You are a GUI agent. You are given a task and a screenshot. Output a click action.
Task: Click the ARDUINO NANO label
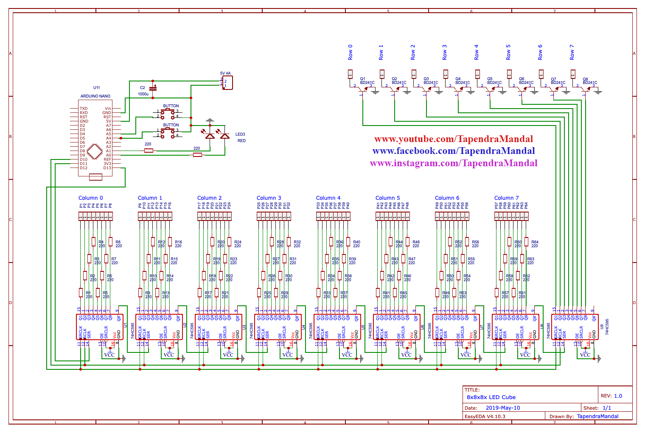point(95,96)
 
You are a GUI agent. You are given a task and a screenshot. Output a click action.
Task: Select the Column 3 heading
point(269,198)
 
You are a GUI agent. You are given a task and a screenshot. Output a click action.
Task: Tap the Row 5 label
point(508,52)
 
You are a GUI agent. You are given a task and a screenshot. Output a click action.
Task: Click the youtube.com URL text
point(453,139)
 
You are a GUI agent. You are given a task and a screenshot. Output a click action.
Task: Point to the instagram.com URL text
point(453,163)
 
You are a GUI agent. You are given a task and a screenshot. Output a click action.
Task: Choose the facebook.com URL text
point(453,151)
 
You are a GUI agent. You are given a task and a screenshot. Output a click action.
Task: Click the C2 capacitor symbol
point(153,88)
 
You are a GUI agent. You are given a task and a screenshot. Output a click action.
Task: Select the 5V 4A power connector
point(227,83)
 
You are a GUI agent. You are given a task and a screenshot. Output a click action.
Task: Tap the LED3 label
point(240,134)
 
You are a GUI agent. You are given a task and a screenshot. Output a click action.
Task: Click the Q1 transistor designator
point(362,79)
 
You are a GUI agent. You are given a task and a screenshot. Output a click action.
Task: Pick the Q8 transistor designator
point(585,79)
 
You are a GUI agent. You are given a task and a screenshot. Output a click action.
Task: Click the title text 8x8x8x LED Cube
point(491,397)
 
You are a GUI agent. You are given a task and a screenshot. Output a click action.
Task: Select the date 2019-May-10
point(502,408)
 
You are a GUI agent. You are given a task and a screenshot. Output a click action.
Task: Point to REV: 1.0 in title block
point(611,396)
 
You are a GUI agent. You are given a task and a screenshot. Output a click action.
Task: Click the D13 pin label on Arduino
point(107,168)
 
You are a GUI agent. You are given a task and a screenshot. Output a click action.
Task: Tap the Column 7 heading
point(506,198)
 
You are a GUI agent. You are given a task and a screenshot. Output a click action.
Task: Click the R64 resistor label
point(535,242)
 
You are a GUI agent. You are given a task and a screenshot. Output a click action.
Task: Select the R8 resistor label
point(118,242)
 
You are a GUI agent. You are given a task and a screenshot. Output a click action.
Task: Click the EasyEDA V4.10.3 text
point(485,416)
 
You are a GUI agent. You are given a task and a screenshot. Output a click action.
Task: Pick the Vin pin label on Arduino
point(108,109)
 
